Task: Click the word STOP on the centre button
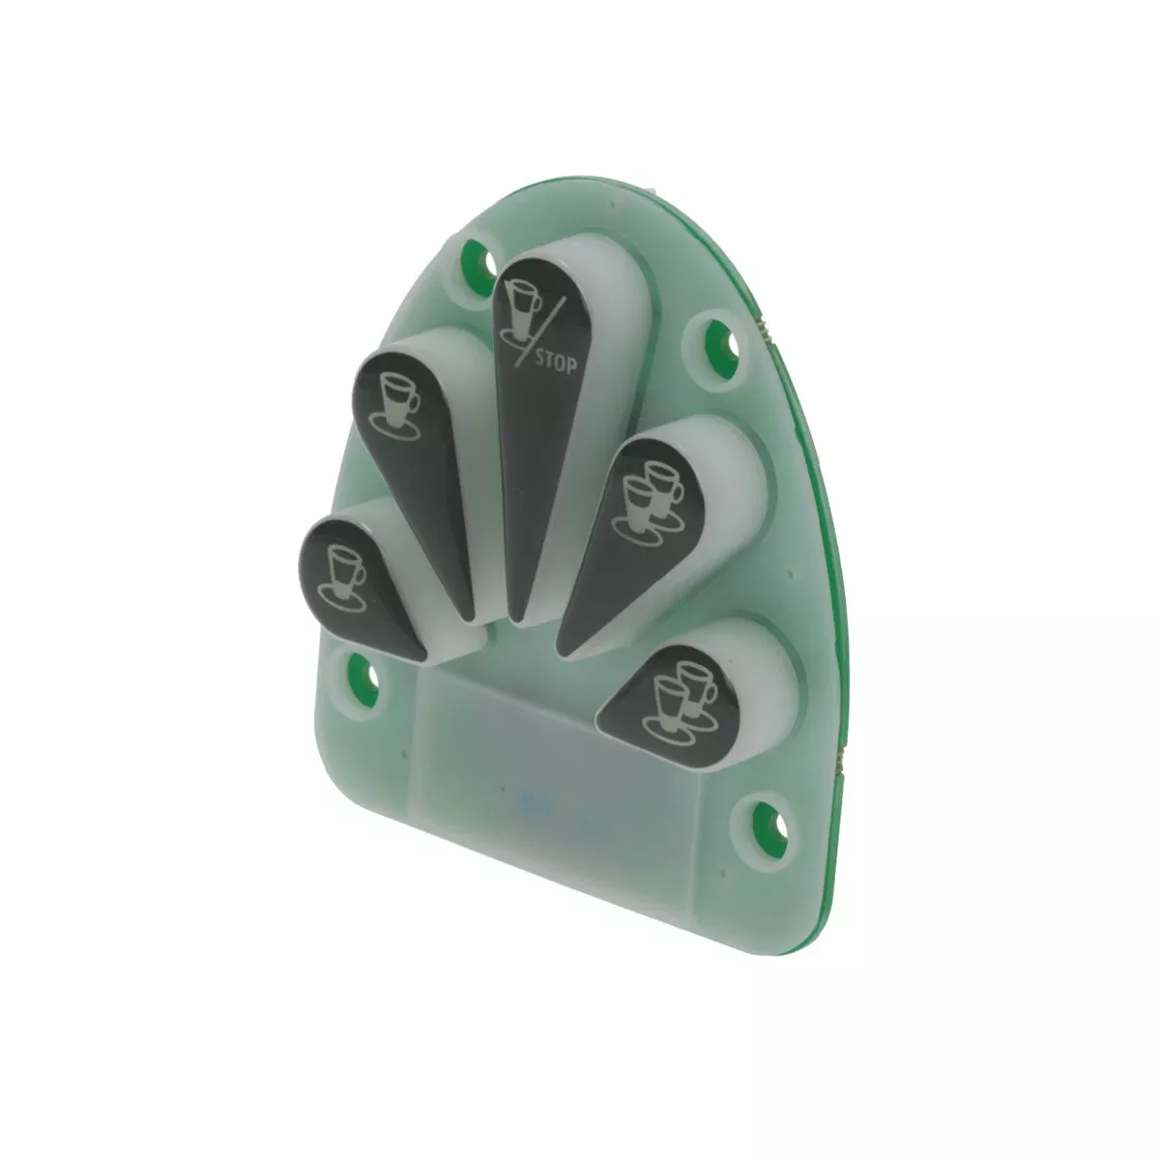[556, 363]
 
